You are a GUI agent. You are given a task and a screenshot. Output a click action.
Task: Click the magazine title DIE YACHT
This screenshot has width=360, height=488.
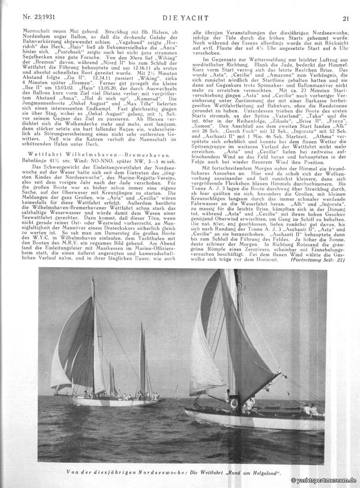point(180,18)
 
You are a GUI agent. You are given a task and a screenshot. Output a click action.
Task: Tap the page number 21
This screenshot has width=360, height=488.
point(346,18)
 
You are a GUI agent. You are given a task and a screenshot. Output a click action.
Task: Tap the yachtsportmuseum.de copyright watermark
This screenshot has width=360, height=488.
point(324,481)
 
